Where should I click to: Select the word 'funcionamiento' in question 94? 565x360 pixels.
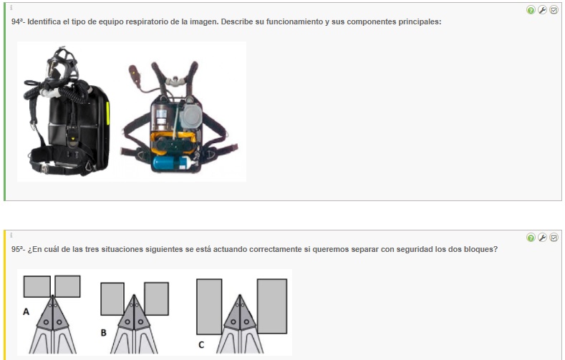[x=294, y=21]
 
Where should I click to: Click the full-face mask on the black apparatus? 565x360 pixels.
[x=62, y=64]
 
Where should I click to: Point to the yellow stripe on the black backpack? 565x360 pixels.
[x=107, y=113]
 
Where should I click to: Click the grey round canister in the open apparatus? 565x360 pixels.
[x=190, y=117]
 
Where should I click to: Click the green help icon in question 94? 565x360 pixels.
[x=531, y=10]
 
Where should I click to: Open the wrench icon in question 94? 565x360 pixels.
[x=542, y=10]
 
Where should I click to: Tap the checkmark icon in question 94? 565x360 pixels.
[x=554, y=10]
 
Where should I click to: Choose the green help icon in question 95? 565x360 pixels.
[x=531, y=238]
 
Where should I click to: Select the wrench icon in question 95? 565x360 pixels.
[x=542, y=238]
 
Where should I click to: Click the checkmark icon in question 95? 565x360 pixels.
[x=554, y=238]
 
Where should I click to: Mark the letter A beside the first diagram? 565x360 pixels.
[x=26, y=311]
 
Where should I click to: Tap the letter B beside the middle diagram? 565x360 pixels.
[x=103, y=333]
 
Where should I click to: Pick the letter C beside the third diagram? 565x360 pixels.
[x=201, y=345]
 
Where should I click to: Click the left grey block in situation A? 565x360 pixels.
[x=37, y=286]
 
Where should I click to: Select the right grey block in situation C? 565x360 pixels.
[x=272, y=306]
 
